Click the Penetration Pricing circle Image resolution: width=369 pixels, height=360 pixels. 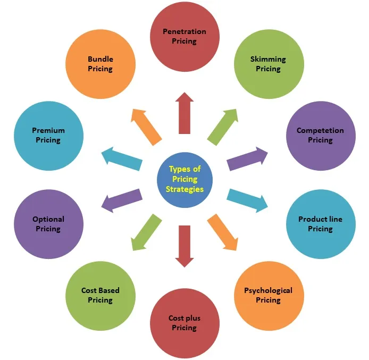(x=184, y=36)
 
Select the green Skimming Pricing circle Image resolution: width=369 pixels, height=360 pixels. (x=269, y=64)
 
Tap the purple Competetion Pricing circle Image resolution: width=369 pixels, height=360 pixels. (x=320, y=136)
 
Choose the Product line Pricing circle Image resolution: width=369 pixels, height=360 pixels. (x=320, y=224)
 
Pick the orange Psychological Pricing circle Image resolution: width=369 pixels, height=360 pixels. (x=268, y=295)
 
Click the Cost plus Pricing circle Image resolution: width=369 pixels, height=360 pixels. (x=184, y=323)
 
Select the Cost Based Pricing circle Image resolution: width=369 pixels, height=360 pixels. (x=100, y=295)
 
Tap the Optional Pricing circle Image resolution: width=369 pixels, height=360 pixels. (x=48, y=224)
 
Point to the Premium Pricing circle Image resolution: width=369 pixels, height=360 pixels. (x=48, y=136)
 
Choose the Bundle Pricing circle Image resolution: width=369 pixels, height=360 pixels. (x=100, y=64)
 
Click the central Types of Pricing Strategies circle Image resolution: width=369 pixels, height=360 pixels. (x=184, y=179)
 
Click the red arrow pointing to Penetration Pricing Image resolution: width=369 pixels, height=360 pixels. (x=184, y=113)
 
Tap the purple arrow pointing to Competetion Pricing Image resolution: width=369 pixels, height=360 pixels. (x=247, y=158)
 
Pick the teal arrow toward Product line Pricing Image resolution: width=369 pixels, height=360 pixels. (x=247, y=200)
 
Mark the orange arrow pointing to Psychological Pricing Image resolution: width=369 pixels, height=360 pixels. (x=223, y=232)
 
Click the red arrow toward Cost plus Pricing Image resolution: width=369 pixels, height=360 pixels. (x=184, y=246)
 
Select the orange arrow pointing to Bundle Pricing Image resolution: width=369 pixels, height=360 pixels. (x=146, y=126)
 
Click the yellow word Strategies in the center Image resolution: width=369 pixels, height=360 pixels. (x=184, y=189)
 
